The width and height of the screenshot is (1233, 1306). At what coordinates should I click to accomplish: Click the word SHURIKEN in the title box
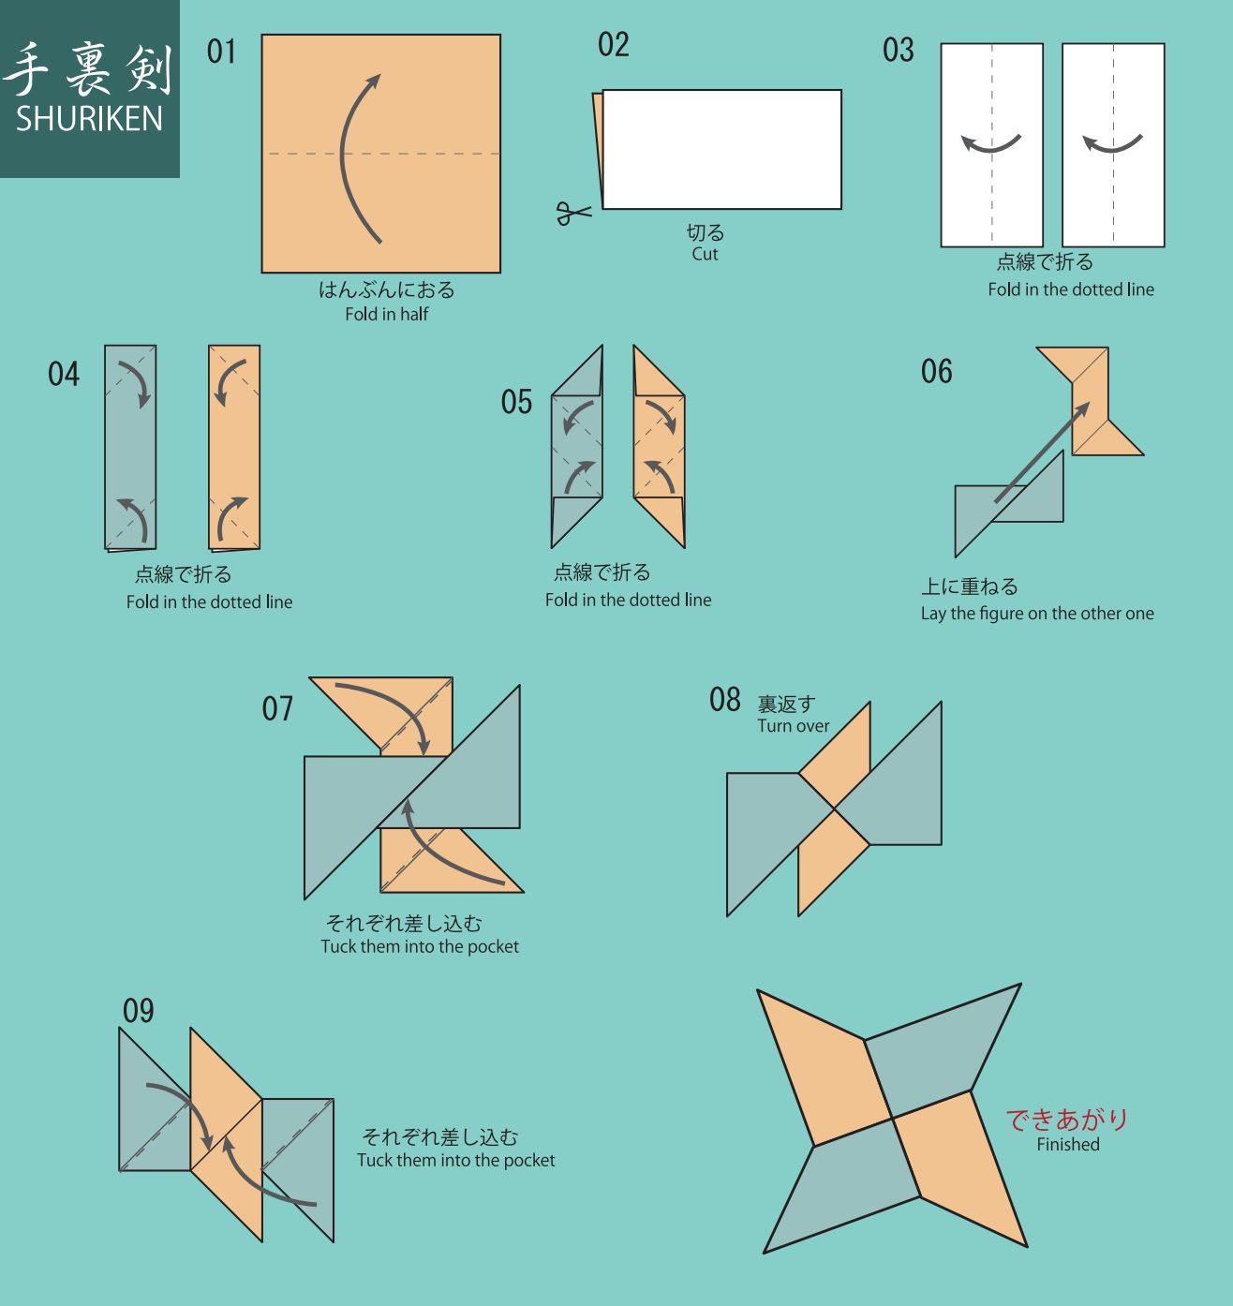(x=89, y=119)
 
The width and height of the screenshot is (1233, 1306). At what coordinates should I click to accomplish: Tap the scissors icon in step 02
(x=573, y=213)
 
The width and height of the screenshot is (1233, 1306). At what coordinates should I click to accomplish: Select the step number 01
(x=221, y=52)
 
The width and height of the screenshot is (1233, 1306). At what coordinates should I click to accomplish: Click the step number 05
(x=516, y=402)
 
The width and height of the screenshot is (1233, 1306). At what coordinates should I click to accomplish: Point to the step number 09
(x=138, y=1011)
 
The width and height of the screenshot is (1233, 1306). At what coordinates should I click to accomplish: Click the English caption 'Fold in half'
(x=387, y=315)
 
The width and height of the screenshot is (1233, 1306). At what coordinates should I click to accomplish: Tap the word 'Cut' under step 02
(x=705, y=254)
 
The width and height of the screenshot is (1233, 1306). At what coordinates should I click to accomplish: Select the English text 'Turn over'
(x=793, y=726)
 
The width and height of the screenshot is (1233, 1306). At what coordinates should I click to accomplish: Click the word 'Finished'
(x=1068, y=1144)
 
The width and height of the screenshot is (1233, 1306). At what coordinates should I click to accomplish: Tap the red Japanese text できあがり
(x=1067, y=1120)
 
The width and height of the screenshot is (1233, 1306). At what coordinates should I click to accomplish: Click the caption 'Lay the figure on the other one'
(x=1037, y=614)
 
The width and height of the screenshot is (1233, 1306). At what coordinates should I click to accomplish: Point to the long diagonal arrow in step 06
(x=1042, y=453)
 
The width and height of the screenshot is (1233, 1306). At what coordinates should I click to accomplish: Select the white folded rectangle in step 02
(x=721, y=149)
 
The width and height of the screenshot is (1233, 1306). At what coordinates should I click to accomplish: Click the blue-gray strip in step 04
(x=130, y=447)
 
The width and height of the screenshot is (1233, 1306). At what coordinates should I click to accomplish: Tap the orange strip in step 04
(x=234, y=447)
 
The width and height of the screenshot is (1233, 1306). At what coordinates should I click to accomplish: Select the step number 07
(x=277, y=709)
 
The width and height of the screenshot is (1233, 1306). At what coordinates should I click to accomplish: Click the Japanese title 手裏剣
(x=89, y=69)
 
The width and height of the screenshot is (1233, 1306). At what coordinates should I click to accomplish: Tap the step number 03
(x=899, y=50)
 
